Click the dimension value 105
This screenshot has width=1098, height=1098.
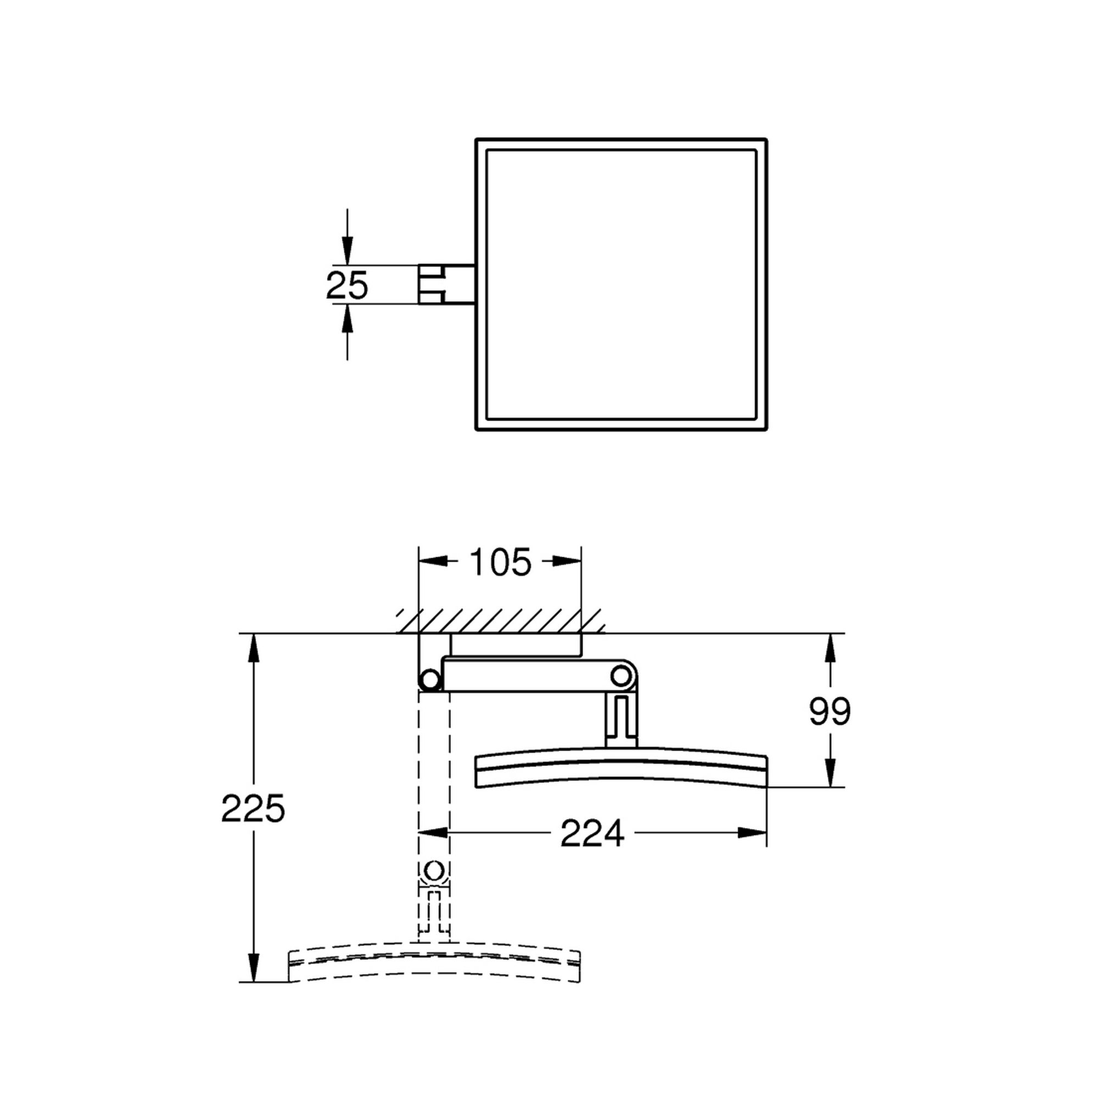pos(501,562)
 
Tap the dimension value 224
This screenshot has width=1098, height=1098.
pos(592,834)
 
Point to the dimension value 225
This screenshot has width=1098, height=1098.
pos(253,809)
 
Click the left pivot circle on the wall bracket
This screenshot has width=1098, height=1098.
pos(429,680)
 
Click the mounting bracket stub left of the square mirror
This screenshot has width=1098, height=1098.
pos(446,284)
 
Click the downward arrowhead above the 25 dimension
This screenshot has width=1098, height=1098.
pos(348,254)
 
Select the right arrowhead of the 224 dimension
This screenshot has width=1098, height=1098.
pos(754,833)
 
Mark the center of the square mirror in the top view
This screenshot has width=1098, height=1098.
pos(621,284)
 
